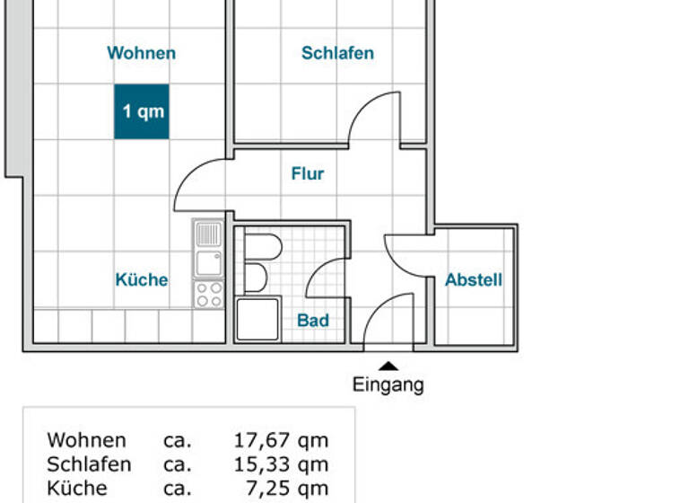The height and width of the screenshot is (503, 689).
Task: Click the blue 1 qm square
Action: (x=142, y=112)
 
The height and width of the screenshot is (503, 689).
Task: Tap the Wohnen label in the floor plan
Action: (x=142, y=53)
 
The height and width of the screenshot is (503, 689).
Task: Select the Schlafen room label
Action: (x=337, y=53)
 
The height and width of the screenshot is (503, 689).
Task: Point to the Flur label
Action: (x=308, y=173)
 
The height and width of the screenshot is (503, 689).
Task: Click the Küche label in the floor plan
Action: (x=142, y=279)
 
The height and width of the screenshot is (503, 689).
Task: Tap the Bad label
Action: (x=313, y=320)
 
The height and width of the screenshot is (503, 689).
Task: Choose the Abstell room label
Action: (x=474, y=279)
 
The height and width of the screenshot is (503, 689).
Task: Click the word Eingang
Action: (x=388, y=385)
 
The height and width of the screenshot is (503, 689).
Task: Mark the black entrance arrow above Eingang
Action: (x=388, y=365)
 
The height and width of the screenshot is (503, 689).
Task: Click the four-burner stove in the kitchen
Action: (x=209, y=293)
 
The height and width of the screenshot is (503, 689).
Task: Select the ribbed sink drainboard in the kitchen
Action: (x=208, y=235)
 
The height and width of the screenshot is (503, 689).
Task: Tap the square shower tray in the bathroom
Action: (x=257, y=320)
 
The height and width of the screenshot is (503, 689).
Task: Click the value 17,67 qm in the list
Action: (x=281, y=440)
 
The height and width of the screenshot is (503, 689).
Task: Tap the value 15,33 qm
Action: (x=281, y=464)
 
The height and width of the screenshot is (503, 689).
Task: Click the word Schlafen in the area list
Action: (x=89, y=464)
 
